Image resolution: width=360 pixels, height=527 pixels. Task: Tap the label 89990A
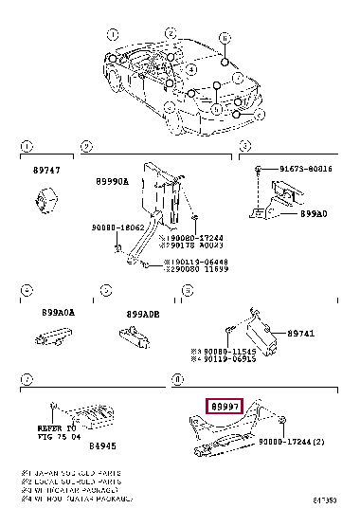[x=113, y=181]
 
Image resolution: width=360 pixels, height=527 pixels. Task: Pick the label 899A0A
[x=58, y=313]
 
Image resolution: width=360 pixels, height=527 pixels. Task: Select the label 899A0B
[x=144, y=314]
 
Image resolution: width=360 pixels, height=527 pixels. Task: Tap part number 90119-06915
[x=230, y=360]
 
